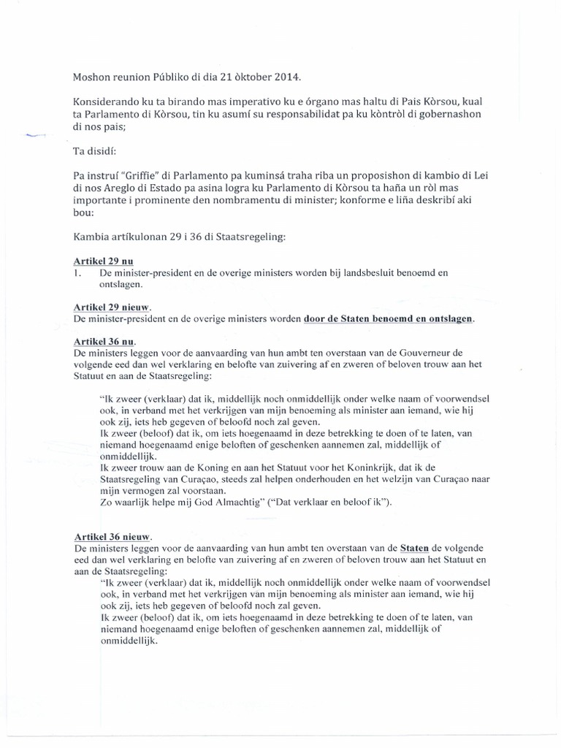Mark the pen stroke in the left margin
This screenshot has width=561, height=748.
tap(35, 136)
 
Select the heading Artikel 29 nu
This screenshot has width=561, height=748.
tap(102, 261)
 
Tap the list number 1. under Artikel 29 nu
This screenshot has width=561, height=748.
tap(77, 272)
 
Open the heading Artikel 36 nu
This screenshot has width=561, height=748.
tap(104, 342)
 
